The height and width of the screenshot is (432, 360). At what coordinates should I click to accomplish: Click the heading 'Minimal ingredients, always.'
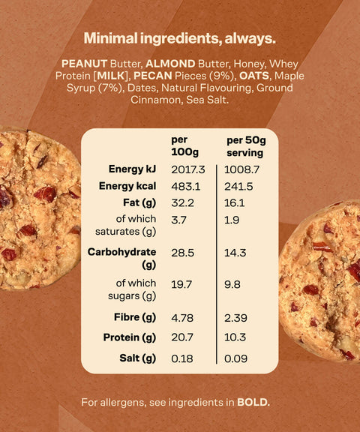(x=179, y=38)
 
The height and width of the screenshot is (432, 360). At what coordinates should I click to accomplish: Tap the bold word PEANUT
(x=84, y=64)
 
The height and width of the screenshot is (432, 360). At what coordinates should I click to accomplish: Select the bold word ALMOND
(x=170, y=64)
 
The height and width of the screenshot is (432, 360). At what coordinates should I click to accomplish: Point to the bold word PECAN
(x=153, y=76)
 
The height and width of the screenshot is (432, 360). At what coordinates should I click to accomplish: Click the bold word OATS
(x=254, y=76)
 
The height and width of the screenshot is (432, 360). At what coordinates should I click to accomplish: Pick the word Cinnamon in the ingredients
(x=155, y=100)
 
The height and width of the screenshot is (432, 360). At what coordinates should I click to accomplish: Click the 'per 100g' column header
(x=184, y=146)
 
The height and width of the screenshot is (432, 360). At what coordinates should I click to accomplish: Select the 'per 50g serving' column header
(x=246, y=146)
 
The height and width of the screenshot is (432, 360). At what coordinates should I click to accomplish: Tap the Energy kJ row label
(x=132, y=169)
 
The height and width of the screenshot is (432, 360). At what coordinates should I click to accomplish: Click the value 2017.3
(x=188, y=169)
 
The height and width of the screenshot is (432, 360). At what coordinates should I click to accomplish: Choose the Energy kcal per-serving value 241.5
(x=238, y=187)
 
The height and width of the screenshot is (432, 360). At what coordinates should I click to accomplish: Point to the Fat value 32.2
(x=182, y=203)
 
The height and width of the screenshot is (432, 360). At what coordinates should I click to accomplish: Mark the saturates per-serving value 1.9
(x=232, y=220)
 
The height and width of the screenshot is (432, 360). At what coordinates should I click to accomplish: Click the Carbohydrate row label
(x=121, y=258)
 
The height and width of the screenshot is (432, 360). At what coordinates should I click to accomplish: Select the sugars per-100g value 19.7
(x=181, y=284)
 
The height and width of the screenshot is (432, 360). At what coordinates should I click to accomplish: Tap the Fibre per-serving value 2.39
(x=235, y=318)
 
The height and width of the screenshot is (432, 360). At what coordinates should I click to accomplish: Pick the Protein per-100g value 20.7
(x=182, y=337)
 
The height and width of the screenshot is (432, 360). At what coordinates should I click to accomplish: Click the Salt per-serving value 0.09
(x=235, y=358)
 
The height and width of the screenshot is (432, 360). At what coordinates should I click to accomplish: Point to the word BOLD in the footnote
(x=253, y=403)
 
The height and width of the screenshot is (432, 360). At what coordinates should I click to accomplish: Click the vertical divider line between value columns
(x=217, y=264)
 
